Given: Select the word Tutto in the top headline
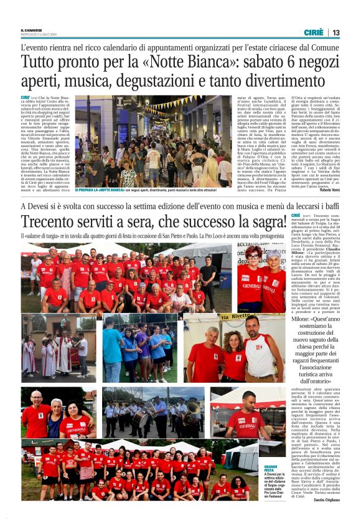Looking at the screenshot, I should pos(39,63).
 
